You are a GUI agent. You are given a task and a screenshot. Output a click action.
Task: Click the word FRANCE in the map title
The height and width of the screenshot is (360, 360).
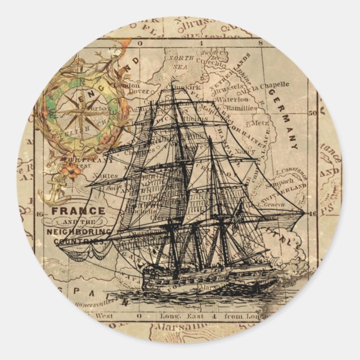78,211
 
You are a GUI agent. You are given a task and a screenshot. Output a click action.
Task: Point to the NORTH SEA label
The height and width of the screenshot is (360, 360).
181,61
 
